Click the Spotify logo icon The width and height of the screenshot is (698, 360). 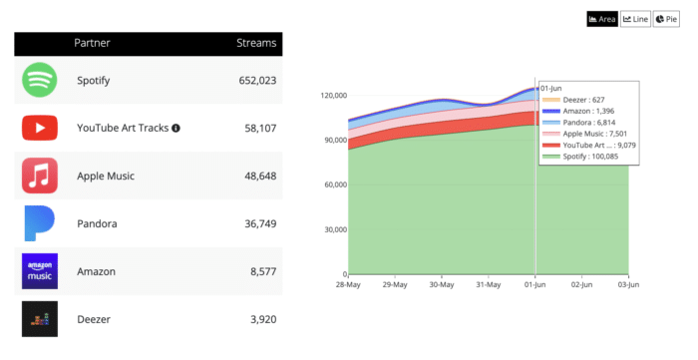40,81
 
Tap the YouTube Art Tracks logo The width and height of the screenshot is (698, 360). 40,129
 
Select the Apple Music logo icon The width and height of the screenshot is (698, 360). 40,177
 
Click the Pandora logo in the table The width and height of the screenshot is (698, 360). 40,223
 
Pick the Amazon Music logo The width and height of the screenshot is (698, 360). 40,271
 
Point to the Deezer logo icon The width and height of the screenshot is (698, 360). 40,319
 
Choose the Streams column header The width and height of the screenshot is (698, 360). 256,44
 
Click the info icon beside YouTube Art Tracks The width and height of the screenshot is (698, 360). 175,129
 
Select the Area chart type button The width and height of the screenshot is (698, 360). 602,19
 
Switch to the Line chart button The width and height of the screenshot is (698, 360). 635,19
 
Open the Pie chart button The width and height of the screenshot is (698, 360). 666,19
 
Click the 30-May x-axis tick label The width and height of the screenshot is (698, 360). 442,284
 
